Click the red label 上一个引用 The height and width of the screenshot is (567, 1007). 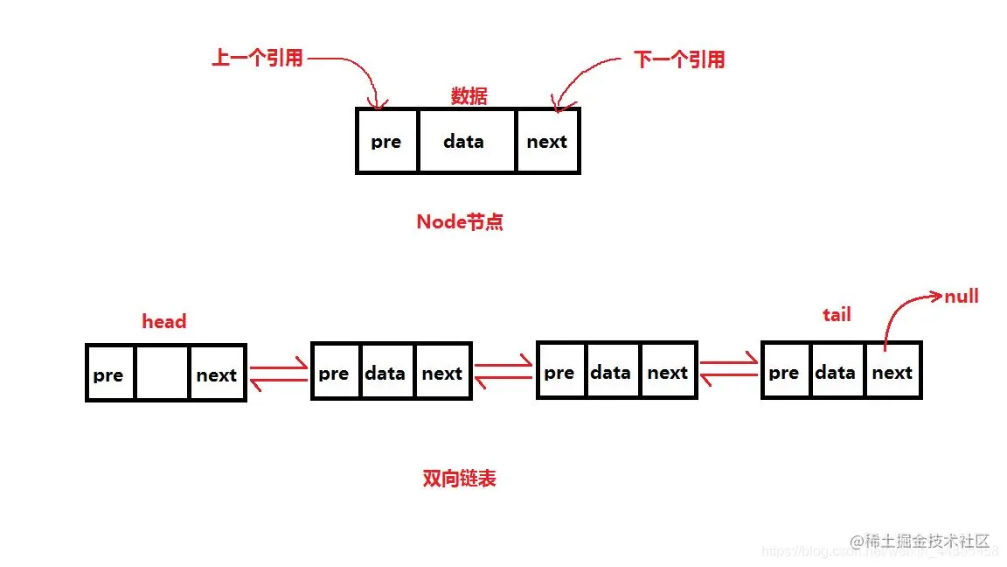257,59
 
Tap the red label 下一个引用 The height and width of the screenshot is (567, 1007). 679,59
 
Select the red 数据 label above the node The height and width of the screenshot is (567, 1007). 469,96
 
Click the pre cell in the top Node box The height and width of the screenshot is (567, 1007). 386,141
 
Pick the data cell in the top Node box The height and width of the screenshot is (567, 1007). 465,141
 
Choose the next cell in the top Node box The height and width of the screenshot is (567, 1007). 547,141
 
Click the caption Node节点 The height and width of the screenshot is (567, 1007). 460,222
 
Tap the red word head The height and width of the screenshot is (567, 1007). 164,321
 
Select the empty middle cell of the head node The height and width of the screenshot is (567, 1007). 163,374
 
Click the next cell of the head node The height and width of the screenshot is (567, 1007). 216,374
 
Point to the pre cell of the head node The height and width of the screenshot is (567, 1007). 109,374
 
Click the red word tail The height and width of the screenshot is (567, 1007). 837,314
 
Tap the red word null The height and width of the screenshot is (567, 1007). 961,296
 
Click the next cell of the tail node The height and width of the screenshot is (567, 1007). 892,372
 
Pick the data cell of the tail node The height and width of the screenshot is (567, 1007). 835,372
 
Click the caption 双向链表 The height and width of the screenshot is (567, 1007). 460,479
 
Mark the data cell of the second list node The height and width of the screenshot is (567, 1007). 385,373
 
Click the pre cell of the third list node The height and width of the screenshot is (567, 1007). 559,372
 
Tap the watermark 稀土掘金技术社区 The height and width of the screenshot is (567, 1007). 927,541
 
